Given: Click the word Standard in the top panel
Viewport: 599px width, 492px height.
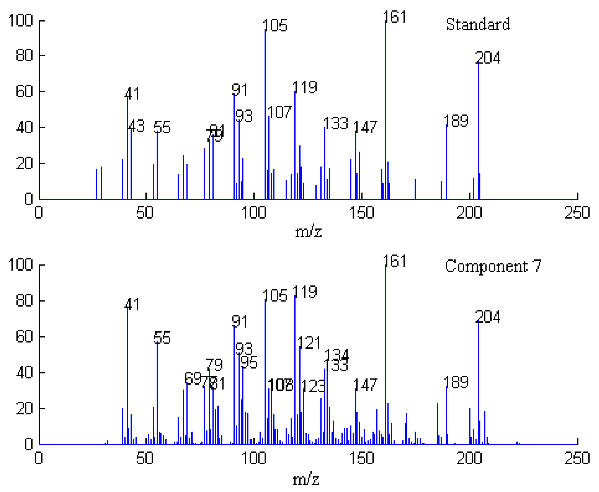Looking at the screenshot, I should tap(478, 24).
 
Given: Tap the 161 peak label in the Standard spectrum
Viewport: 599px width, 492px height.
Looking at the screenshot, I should tap(395, 17).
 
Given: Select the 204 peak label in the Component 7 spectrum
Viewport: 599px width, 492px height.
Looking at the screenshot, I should tap(488, 317).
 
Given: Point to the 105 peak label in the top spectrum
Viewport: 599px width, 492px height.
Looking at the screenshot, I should tap(275, 26).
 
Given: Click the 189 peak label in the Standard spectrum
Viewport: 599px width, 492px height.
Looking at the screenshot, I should tap(456, 121).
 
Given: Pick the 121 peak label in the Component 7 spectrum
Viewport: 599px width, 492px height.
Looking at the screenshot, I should tap(309, 343).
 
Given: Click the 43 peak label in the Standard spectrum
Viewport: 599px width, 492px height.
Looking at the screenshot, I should tap(137, 126).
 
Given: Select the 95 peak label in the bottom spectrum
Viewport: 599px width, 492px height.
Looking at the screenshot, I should tap(249, 362).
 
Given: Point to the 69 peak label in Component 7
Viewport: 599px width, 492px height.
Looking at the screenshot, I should tap(193, 378).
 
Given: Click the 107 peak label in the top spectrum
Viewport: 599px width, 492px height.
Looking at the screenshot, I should tap(280, 112).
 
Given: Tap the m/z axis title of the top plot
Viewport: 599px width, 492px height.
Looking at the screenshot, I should tap(308, 232).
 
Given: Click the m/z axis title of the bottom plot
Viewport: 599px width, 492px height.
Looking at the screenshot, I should tap(306, 480).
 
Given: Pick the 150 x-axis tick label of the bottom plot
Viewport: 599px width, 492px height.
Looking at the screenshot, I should tap(361, 458).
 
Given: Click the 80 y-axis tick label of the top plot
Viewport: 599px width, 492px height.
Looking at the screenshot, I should tap(24, 56).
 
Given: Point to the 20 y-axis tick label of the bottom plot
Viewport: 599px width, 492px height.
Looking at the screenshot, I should tap(24, 409).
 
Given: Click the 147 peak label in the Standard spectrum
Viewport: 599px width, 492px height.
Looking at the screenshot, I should tap(365, 127).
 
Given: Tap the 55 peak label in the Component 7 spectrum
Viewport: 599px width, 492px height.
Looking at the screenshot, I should tap(162, 338).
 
